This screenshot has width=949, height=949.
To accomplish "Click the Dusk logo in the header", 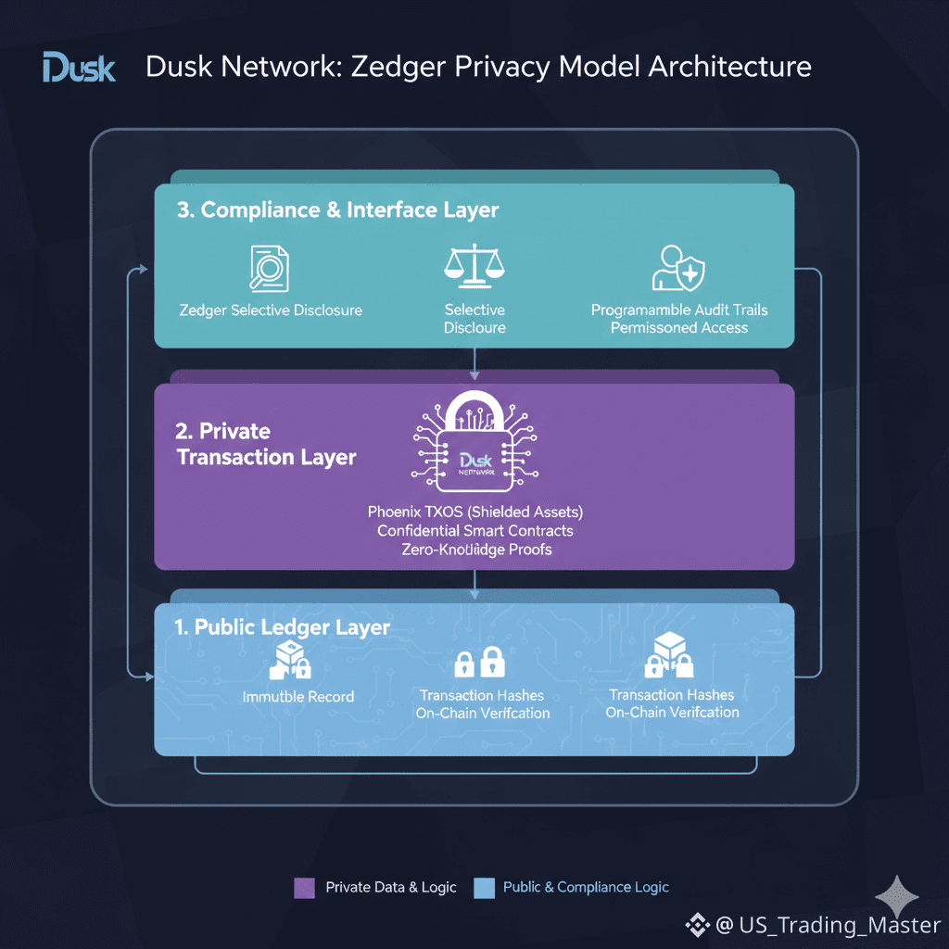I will [79, 68].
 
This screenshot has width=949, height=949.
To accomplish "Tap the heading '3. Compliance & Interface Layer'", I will [337, 210].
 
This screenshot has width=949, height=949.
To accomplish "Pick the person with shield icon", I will [678, 268].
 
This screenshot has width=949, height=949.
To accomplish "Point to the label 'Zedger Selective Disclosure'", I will [271, 310].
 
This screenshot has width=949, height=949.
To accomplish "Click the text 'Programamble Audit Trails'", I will [679, 310].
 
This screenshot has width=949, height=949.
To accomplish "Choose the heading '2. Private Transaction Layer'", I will [266, 444].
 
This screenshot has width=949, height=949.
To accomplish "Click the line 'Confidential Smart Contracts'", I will [474, 531].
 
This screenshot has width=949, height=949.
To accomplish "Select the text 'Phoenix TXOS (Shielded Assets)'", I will [474, 512].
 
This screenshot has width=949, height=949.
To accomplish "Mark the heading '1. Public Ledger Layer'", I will [282, 627].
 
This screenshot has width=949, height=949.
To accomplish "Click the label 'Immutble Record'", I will [297, 696].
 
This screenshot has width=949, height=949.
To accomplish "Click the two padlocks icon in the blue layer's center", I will [479, 664].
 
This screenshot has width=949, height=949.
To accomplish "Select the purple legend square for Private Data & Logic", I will [304, 888].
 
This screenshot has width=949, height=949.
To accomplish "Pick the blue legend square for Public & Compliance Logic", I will [484, 888].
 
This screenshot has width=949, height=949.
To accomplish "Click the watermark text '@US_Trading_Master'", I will [827, 925].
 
